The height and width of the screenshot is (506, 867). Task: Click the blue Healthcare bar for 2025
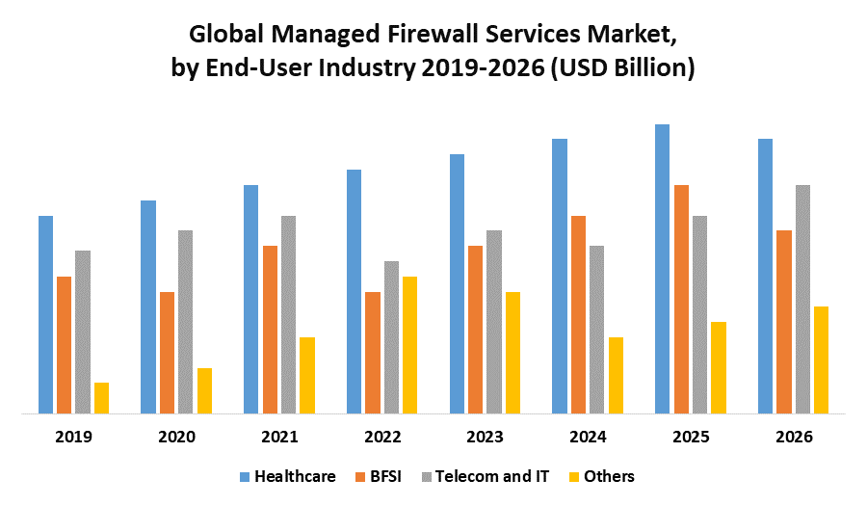pos(662,269)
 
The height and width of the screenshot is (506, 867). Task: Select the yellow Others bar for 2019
pos(101,398)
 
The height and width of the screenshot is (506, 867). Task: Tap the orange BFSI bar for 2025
pos(681,299)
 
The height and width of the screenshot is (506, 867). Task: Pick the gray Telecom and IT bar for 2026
pos(802,299)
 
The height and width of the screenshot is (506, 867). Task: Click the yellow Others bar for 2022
pos(409,345)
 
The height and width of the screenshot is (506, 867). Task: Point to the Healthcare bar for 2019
pos(45,314)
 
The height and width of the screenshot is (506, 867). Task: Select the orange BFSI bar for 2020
pos(167,353)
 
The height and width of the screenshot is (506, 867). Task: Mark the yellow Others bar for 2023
pos(512,353)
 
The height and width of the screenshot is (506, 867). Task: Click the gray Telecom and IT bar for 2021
pos(288,314)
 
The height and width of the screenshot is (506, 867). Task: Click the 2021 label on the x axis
pos(279,437)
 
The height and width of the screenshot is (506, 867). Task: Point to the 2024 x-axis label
pos(588,437)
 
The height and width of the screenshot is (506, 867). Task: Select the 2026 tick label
pos(793,437)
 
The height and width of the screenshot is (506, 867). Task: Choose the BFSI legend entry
pos(385,476)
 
